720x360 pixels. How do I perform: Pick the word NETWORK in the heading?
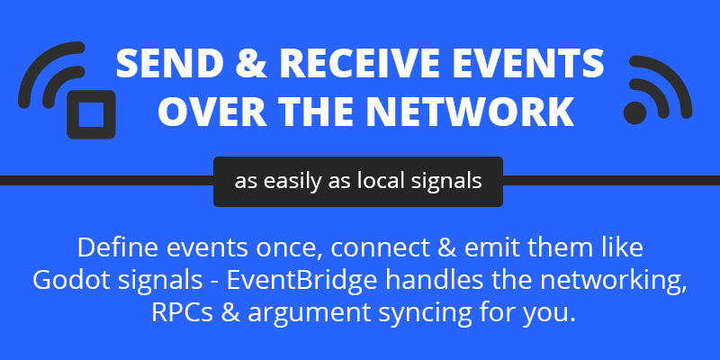[469, 111]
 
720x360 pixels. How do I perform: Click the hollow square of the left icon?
[91, 114]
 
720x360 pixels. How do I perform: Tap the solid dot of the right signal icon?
[635, 112]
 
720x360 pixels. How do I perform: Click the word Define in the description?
[118, 248]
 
